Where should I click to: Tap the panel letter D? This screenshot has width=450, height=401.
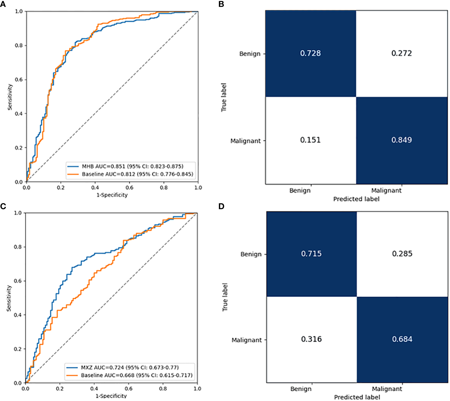tap(221, 206)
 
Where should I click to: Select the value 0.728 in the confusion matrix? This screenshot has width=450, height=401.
tap(310, 53)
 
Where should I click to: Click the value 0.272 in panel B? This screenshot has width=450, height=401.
tap(401, 53)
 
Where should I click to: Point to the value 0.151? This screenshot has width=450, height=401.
tap(310, 140)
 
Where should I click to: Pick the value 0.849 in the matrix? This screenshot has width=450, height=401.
tap(401, 140)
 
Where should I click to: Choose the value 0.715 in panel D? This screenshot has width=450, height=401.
tap(311, 254)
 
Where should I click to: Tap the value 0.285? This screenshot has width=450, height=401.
tap(402, 254)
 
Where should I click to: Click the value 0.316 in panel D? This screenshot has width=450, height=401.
tap(311, 339)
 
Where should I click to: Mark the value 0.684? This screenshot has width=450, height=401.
tap(402, 339)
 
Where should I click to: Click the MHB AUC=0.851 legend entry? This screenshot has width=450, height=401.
tap(132, 166)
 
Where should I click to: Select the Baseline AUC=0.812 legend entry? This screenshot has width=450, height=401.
tap(137, 174)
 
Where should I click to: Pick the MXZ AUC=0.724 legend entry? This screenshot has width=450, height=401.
tap(130, 367)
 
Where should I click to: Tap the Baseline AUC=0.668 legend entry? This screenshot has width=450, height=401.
tap(136, 375)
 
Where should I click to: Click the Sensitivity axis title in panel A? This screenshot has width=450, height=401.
tap(10, 97)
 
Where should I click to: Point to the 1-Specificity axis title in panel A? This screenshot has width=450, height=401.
tap(112, 195)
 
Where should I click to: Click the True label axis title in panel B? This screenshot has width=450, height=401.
tap(224, 97)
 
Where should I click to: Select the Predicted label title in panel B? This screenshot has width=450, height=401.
tap(356, 199)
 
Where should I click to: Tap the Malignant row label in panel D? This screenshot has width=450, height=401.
tap(246, 340)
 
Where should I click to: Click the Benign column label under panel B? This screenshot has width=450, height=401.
tap(300, 191)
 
